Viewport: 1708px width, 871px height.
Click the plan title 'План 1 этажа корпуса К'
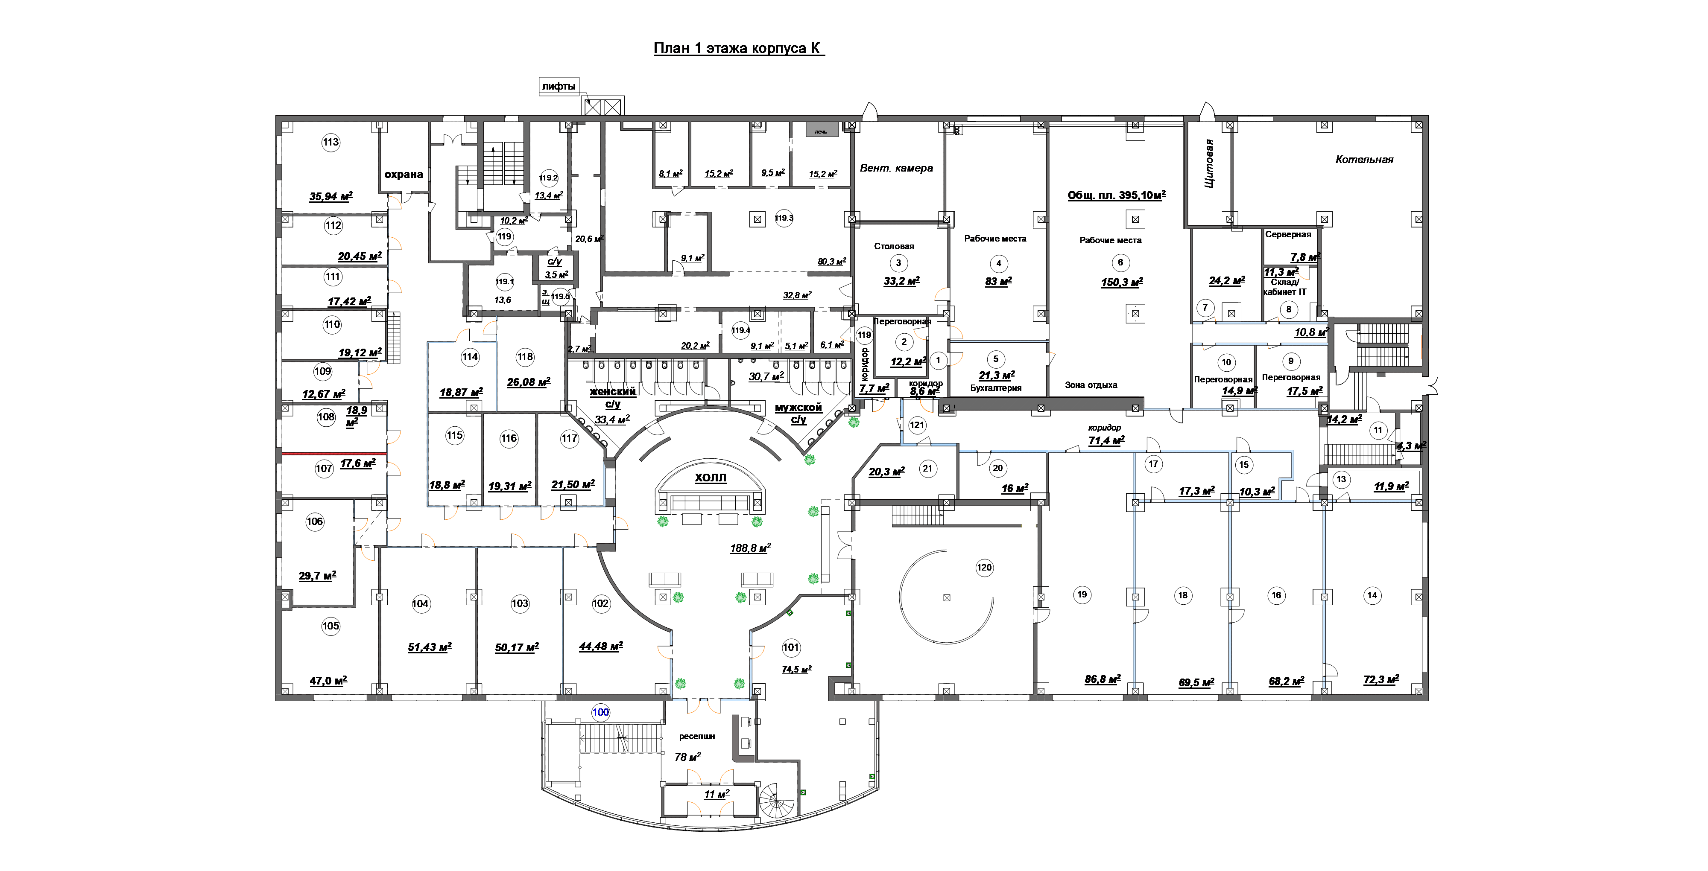click(x=738, y=48)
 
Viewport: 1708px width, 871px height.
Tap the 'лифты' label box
click(x=558, y=86)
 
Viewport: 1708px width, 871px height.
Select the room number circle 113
click(x=331, y=142)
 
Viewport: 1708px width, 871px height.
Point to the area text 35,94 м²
click(x=330, y=196)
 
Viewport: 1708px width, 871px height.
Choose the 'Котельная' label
click(x=1364, y=160)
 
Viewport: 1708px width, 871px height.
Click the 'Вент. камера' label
click(x=896, y=169)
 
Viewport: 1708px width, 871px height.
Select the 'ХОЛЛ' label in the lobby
click(x=710, y=477)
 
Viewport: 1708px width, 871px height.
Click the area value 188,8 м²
click(x=750, y=548)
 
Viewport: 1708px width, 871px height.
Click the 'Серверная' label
click(x=1288, y=235)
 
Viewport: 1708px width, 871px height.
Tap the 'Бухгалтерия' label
click(x=995, y=388)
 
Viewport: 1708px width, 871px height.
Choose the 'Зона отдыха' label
click(x=1091, y=385)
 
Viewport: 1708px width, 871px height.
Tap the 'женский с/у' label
click(x=613, y=397)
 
